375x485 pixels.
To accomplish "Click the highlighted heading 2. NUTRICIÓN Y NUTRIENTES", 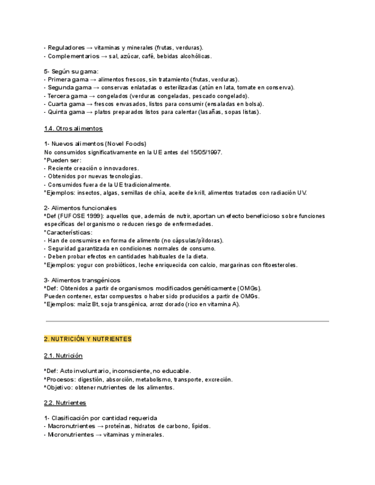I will (88, 339).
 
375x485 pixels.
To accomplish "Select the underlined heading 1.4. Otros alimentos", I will (73, 129).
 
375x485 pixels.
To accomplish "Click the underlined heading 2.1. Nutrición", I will (63, 356).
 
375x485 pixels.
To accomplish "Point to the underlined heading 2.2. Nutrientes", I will (65, 403).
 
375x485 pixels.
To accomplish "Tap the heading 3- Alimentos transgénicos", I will (82, 280).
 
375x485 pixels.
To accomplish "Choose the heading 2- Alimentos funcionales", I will (80, 208).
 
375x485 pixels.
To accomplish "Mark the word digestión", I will (90, 379).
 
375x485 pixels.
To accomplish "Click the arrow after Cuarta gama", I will (90, 104).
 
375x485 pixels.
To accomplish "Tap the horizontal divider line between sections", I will (187, 321).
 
